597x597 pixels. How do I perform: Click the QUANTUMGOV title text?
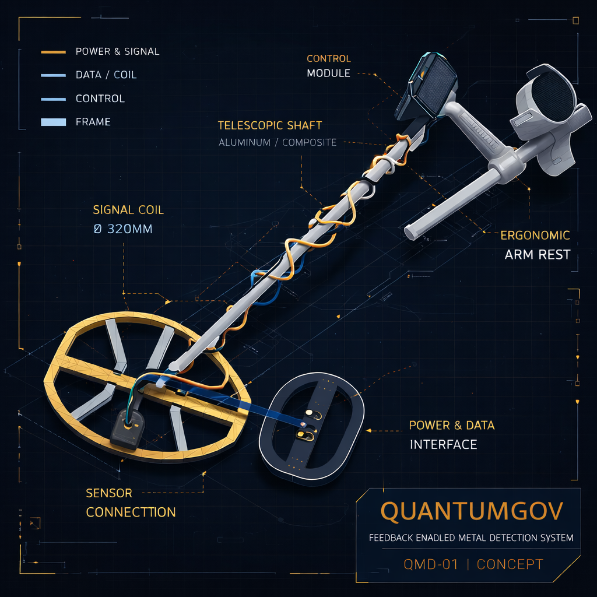471,511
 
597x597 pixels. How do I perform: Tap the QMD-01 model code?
431,564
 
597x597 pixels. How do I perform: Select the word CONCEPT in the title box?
510,564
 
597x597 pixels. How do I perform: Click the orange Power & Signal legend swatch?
53,52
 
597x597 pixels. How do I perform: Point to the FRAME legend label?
93,122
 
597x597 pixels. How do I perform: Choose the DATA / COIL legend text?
106,75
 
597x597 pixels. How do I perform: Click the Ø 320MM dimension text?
123,229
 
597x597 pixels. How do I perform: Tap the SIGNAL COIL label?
128,210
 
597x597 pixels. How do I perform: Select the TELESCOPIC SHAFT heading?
270,125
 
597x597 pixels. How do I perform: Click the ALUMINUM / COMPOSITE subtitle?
278,142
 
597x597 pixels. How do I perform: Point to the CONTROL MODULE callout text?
329,66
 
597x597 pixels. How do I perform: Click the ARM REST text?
537,254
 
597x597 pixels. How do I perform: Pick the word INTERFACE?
443,444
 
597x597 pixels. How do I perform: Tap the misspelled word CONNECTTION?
131,512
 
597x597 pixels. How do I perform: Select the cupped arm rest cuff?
550,114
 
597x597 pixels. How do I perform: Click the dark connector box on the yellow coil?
127,428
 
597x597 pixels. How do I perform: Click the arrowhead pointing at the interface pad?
368,431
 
